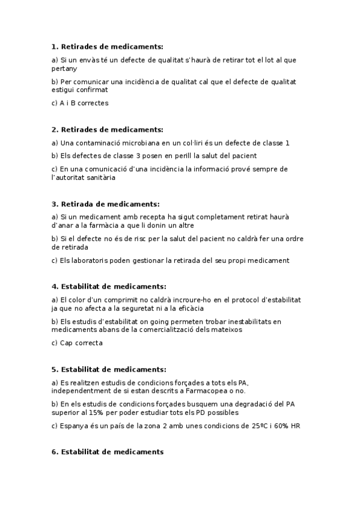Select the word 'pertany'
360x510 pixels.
click(x=64, y=69)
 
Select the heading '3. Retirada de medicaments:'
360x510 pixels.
click(x=106, y=204)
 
